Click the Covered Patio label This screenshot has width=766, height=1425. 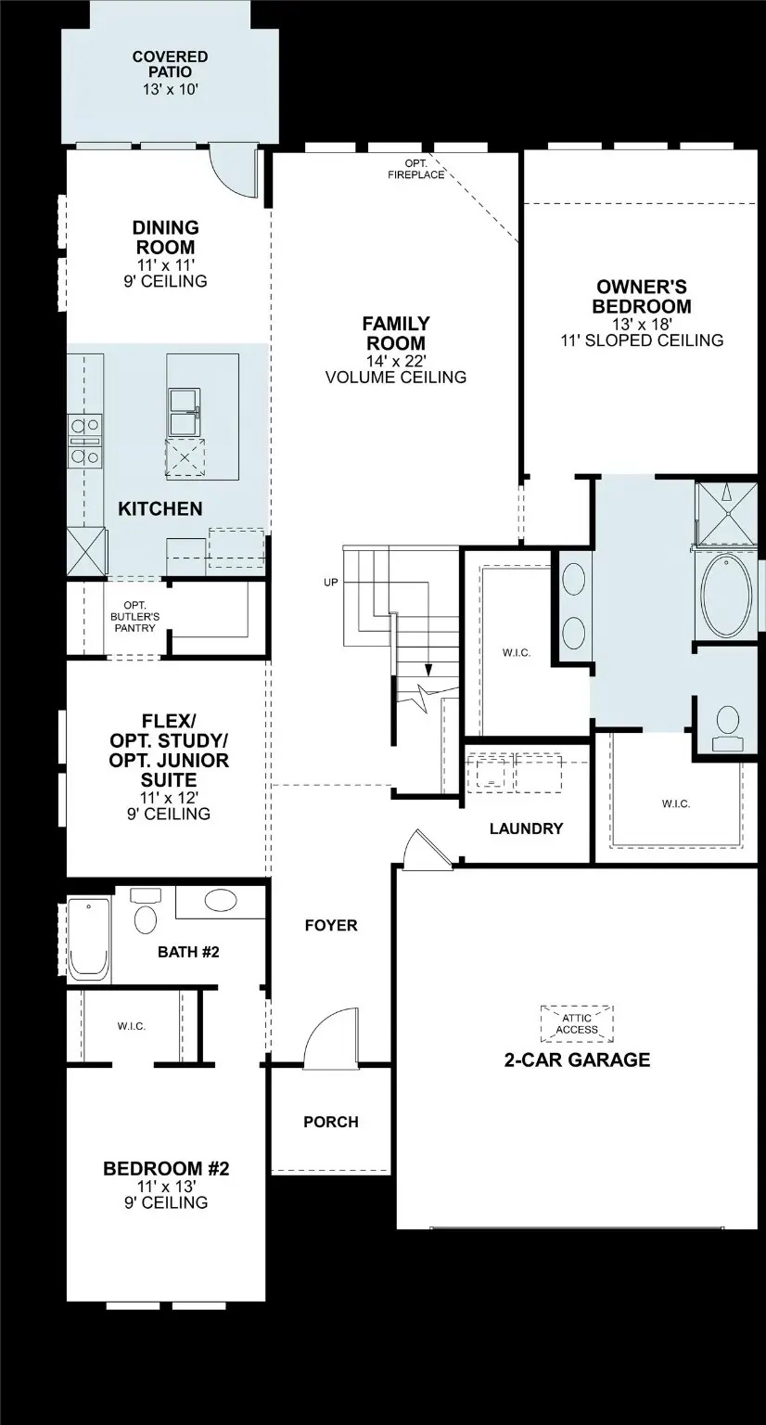169,64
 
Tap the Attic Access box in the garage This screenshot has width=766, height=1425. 577,1022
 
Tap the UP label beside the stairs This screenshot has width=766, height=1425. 330,583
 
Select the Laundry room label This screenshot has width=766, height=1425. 526,828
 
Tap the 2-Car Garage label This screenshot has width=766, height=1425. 577,1059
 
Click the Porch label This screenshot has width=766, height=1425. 330,1122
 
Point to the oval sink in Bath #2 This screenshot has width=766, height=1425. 221,900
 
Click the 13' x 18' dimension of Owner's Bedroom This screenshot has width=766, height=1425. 642,324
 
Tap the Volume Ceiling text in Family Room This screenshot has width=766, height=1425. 395,378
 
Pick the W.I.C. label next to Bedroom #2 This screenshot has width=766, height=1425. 131,1026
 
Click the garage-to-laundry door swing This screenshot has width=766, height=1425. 426,850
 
